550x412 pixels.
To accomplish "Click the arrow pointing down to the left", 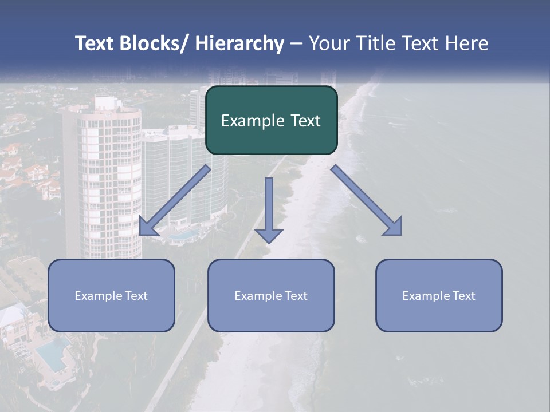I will tap(175, 200).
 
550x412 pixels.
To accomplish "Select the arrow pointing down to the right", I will tap(367, 200).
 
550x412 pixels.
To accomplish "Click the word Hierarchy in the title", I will tap(239, 43).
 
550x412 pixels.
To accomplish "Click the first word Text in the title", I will tap(95, 43).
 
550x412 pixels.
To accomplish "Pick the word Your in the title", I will tap(329, 43).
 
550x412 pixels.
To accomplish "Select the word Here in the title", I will tap(468, 43).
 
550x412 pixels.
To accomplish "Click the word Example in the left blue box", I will tap(98, 296).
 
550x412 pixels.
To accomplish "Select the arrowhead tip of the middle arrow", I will tap(269, 242).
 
